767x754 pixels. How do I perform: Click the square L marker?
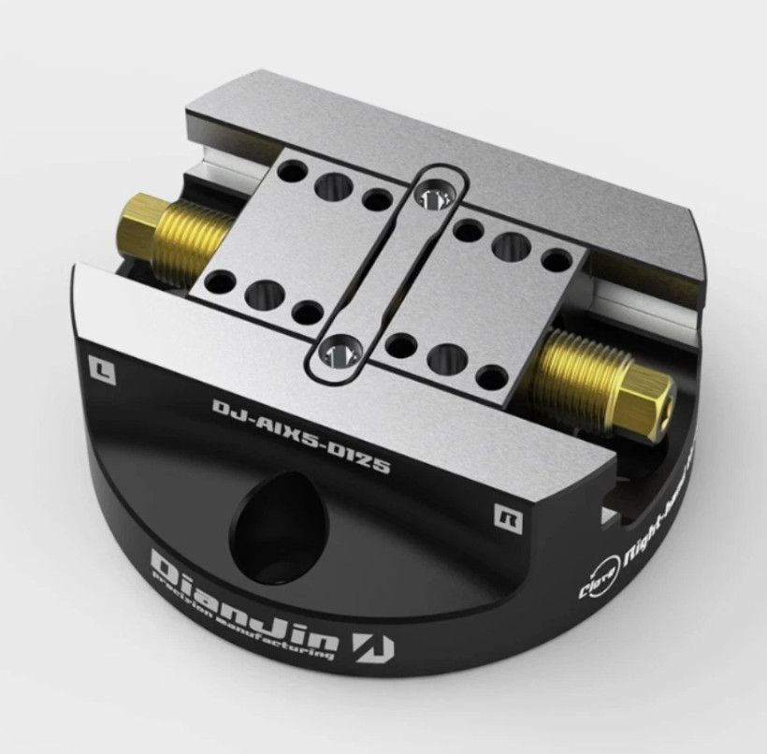(100, 368)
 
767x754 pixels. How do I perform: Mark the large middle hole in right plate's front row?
(446, 357)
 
